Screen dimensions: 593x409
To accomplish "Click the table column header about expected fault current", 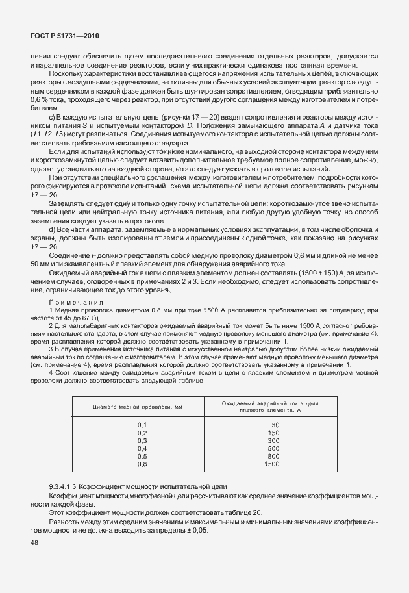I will point(270,407).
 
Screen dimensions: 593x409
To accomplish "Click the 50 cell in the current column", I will point(275,424).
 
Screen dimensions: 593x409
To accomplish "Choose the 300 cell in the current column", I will point(273,440).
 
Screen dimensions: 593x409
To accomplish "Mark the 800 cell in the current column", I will point(273,457).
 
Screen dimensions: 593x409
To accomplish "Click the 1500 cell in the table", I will point(272,465).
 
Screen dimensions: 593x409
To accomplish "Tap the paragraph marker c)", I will point(52,116).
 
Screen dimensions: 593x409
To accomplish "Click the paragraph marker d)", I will point(52,230).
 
